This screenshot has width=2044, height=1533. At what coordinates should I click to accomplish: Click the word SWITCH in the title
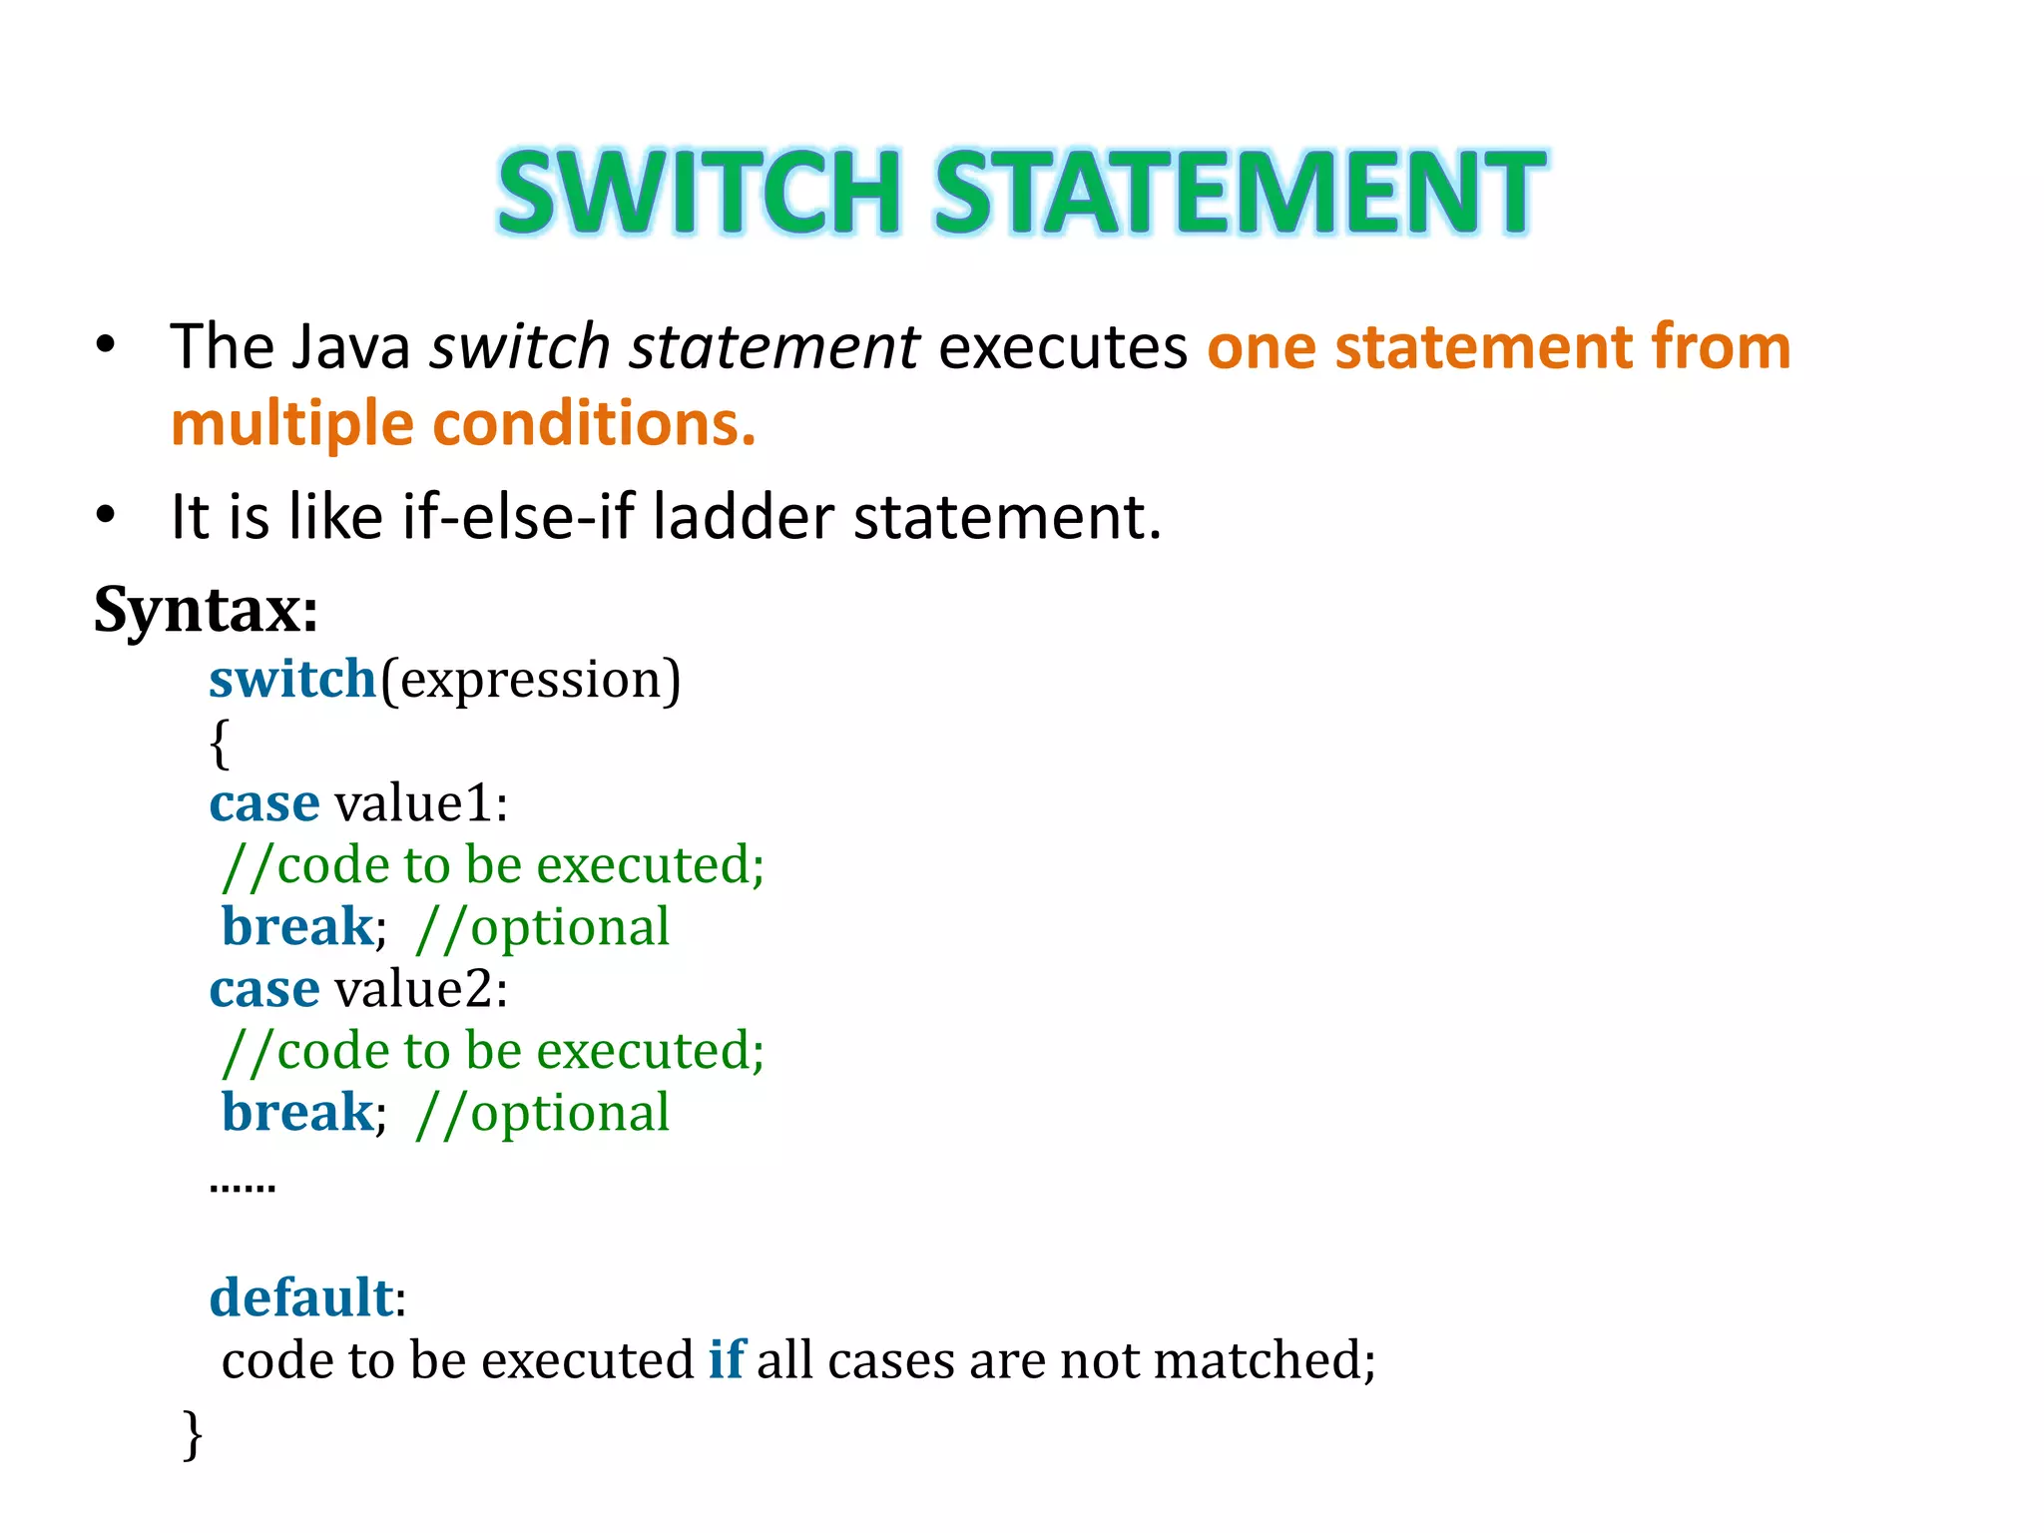[x=699, y=192]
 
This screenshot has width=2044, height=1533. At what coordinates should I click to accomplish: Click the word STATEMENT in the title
[x=1240, y=192]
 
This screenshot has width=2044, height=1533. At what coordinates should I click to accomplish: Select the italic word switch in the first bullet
[x=519, y=347]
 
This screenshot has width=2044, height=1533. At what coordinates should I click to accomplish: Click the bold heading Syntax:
[x=206, y=609]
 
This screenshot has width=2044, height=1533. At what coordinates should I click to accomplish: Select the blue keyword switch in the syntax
[x=291, y=680]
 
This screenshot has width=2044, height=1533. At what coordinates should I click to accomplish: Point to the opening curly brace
[x=219, y=744]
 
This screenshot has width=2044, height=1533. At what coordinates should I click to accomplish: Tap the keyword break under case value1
[x=296, y=926]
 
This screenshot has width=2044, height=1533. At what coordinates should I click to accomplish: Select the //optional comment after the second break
[x=543, y=1114]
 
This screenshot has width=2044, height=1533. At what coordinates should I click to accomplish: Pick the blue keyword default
[x=300, y=1298]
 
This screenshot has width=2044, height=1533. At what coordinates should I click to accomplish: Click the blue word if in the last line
[x=726, y=1360]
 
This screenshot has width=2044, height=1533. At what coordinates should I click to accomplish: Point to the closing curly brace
[x=193, y=1434]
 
